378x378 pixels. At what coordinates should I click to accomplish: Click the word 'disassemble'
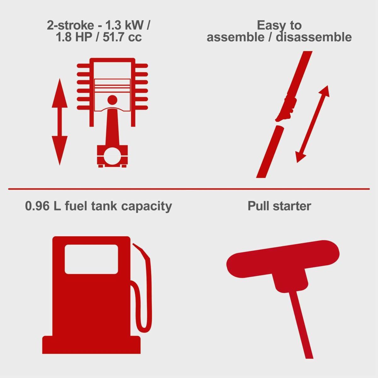click(x=314, y=37)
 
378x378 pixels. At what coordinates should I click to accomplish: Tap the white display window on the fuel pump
click(x=91, y=259)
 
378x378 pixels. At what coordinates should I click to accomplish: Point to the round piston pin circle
click(x=112, y=100)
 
